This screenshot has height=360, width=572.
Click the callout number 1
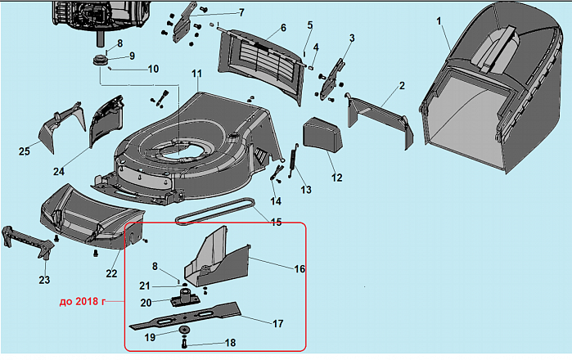[440, 19]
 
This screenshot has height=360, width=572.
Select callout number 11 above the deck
[196, 74]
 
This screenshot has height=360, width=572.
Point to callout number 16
[300, 268]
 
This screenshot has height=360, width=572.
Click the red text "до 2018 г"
[85, 301]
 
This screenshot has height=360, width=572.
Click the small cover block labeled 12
[322, 135]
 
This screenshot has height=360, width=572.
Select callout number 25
[25, 151]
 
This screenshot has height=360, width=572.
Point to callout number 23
[44, 279]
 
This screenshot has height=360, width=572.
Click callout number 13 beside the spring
[306, 191]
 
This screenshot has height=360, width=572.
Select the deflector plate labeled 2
[376, 115]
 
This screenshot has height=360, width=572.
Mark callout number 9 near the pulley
[131, 56]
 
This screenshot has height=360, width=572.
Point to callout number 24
[58, 171]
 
